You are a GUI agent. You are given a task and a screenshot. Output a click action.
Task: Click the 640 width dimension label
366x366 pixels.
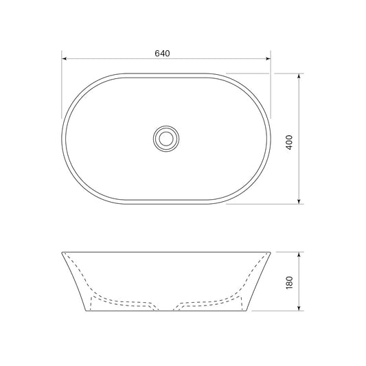click(x=162, y=54)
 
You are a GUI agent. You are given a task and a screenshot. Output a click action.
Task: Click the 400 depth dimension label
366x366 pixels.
click(x=289, y=142)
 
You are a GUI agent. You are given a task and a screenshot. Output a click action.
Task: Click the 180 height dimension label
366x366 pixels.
click(x=289, y=283)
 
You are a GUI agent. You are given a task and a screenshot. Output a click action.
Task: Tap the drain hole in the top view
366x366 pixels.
click(x=166, y=139)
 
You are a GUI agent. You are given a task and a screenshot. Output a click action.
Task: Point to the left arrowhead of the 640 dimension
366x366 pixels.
click(x=64, y=58)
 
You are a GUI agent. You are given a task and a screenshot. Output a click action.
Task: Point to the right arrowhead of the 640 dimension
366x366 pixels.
click(x=268, y=58)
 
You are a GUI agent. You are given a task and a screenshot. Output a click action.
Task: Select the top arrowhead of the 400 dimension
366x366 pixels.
click(x=299, y=76)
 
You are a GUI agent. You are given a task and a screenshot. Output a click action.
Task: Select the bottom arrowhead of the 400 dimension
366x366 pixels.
click(x=299, y=201)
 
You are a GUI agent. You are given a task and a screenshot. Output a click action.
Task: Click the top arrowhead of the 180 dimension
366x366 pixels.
click(x=299, y=255)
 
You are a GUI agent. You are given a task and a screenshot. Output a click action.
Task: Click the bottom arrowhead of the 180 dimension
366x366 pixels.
click(x=299, y=308)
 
